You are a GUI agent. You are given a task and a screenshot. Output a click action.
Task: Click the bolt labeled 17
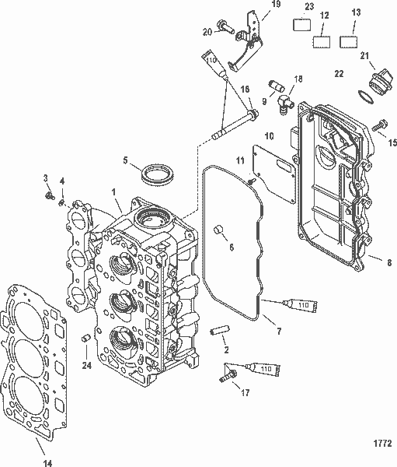(226, 377)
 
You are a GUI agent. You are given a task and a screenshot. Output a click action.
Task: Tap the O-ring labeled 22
(364, 97)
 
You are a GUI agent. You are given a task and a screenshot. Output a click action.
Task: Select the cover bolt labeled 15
(380, 124)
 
